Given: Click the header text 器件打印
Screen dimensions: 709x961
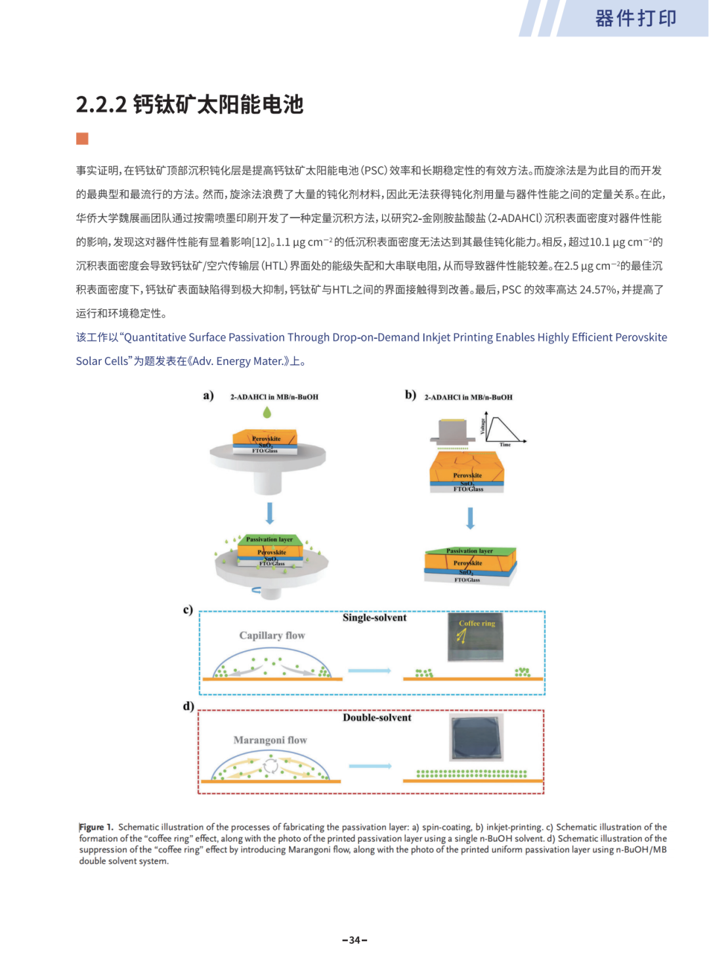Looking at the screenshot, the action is [635, 18].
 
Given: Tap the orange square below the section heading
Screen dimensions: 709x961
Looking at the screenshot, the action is [82, 139].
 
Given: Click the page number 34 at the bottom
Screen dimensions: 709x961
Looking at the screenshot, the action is [354, 940].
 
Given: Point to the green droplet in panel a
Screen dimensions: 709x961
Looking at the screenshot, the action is [267, 412].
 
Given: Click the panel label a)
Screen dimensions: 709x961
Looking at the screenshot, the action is [209, 395].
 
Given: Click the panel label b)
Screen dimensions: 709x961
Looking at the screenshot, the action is [410, 395].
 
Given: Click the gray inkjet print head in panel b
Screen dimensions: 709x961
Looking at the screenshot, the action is [452, 431].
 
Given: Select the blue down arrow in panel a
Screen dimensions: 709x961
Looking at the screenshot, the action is [270, 513].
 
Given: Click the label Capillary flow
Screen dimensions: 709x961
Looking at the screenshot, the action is [272, 635].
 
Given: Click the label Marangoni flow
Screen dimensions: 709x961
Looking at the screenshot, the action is [270, 740].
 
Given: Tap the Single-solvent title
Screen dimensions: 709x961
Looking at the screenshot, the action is [374, 618].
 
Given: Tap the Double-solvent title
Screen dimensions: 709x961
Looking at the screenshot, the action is [377, 717].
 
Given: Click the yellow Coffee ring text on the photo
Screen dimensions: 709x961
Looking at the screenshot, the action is [477, 624].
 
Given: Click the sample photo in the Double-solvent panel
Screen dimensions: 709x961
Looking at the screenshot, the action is [476, 737].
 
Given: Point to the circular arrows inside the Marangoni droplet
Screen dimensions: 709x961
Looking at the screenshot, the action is [270, 766].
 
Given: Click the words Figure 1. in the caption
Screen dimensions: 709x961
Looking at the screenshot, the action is [96, 827].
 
